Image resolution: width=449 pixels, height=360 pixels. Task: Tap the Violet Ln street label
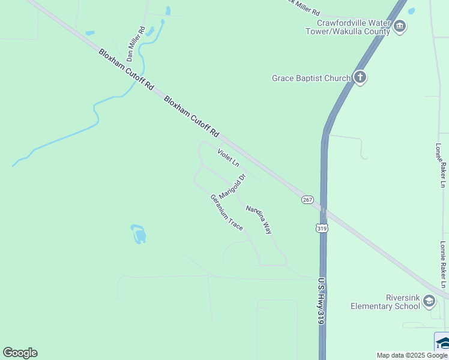pyautogui.click(x=228, y=157)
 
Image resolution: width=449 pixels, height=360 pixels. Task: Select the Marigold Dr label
pyautogui.click(x=233, y=187)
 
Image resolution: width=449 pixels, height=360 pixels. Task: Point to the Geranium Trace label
pyautogui.click(x=226, y=212)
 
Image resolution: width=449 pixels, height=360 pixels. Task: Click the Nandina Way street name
pyautogui.click(x=259, y=219)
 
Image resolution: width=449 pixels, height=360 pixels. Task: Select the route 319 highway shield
pyautogui.click(x=322, y=227)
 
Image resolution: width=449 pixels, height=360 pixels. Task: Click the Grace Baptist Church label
pyautogui.click(x=311, y=78)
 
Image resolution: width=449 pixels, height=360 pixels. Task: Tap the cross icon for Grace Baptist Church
pyautogui.click(x=360, y=77)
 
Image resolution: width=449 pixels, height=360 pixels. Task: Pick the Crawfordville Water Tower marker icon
pyautogui.click(x=400, y=26)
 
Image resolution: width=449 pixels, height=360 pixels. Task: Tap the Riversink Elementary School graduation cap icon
pyautogui.click(x=429, y=301)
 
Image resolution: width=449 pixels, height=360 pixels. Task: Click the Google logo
pyautogui.click(x=20, y=353)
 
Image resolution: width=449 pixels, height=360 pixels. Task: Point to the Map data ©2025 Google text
pyautogui.click(x=412, y=355)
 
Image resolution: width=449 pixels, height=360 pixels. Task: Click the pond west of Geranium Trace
pyautogui.click(x=139, y=234)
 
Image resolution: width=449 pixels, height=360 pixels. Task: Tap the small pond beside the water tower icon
pyautogui.click(x=411, y=11)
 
